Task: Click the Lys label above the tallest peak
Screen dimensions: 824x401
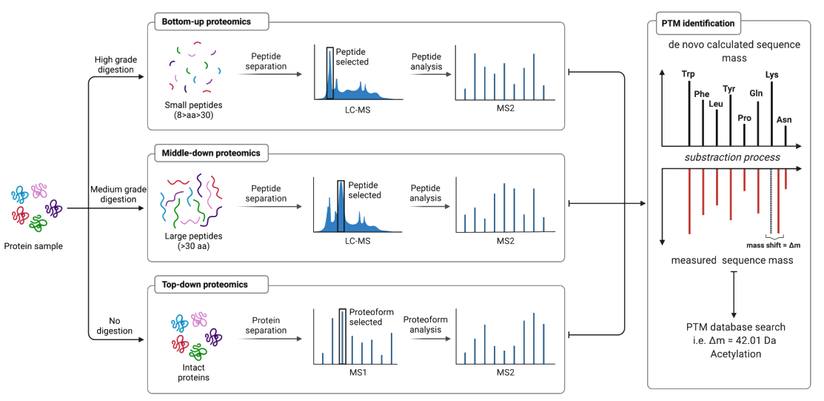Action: pos(771,74)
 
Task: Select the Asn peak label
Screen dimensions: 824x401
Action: pos(784,120)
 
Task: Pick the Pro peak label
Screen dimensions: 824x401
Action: pos(744,118)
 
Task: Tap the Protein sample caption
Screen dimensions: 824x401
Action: pos(33,245)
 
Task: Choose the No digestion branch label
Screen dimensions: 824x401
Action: pos(115,325)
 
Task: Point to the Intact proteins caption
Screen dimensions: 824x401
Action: pos(191,373)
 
